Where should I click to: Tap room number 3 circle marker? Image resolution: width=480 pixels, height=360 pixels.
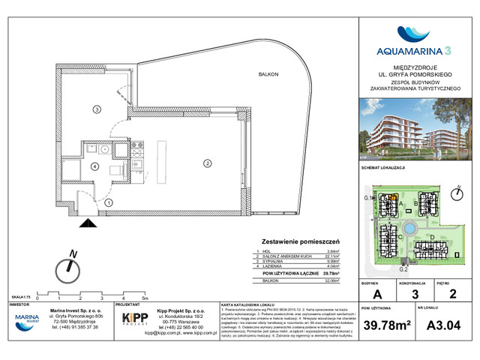click(97, 110)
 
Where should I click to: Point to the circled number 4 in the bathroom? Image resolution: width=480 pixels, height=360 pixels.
click(95, 167)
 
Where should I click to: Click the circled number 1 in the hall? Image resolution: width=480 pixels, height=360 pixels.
click(109, 202)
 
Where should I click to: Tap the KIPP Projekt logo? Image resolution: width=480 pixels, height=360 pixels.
click(134, 320)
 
